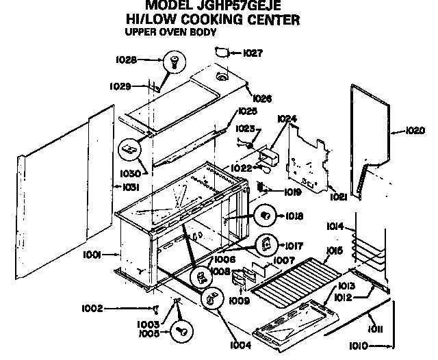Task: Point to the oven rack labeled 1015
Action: tap(294, 274)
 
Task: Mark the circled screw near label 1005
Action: tap(183, 331)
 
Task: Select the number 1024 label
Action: tap(287, 118)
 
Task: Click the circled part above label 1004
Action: tap(212, 298)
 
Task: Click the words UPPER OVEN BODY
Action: tap(170, 31)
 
